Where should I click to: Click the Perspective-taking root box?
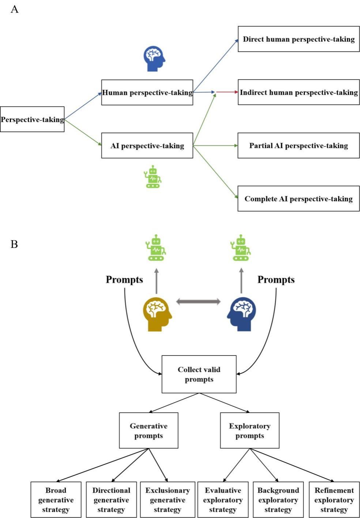(32, 119)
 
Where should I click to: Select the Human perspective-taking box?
(147, 93)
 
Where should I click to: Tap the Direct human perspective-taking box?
(299, 39)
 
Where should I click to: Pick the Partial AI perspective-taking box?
(299, 146)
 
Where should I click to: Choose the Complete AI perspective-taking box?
(299, 199)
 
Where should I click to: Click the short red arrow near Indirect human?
(227, 92)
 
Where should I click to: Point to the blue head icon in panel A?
(154, 59)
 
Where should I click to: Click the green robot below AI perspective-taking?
(153, 177)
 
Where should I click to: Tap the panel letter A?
(14, 9)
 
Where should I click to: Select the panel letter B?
(14, 244)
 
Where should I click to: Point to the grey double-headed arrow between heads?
(198, 302)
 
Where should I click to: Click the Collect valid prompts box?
(199, 374)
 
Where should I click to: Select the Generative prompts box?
(149, 431)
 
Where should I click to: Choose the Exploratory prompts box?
(250, 431)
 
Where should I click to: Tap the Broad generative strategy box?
(56, 500)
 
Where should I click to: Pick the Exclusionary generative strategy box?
(168, 500)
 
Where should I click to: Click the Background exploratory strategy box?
(278, 500)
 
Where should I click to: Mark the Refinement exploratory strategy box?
(334, 500)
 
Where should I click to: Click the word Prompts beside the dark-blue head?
(276, 280)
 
